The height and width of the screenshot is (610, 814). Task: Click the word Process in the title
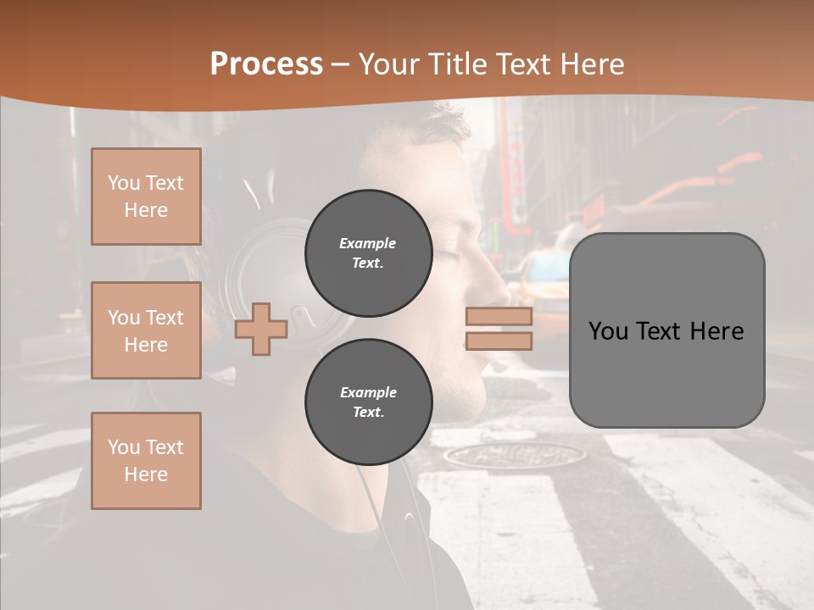point(266,64)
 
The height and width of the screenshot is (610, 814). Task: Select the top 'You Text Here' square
point(146,197)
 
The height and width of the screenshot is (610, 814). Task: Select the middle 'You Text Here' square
point(146,330)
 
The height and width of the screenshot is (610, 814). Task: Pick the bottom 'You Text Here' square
point(146,461)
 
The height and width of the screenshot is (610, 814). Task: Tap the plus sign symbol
point(261,330)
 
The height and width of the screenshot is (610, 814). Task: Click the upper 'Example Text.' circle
point(369,253)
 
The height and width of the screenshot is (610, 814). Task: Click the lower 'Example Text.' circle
point(369,402)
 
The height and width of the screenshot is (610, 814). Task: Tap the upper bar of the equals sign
point(499,317)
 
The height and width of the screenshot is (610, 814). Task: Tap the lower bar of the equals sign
point(499,341)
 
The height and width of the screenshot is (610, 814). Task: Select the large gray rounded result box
point(666,330)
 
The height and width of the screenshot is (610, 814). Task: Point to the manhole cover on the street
point(515,455)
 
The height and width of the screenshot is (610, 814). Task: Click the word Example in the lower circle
point(368,392)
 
